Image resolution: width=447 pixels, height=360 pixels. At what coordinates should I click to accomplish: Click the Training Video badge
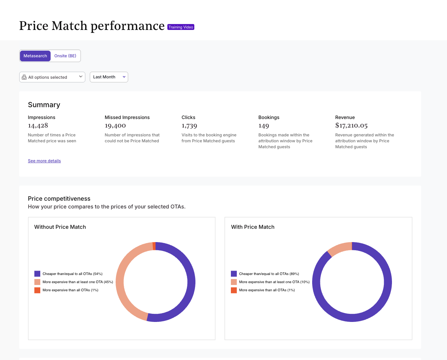181,27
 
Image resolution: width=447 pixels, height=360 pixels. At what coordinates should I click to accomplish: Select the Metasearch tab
35,56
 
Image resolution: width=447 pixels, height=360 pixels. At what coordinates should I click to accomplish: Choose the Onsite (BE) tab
65,56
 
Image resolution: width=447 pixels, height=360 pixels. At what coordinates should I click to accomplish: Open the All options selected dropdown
52,77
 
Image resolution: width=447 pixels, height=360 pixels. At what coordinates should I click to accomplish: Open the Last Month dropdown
109,77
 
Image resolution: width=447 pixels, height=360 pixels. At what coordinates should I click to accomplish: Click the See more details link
44,161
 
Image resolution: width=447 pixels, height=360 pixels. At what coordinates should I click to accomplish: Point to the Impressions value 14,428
38,125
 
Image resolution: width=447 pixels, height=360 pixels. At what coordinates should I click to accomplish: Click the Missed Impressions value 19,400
115,125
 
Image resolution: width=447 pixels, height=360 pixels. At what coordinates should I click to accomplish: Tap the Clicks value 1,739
189,125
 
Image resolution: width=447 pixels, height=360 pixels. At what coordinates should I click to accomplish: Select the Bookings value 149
264,125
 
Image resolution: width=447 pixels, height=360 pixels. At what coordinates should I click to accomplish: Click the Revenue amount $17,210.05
351,125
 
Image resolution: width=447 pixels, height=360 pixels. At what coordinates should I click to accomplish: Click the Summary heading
44,105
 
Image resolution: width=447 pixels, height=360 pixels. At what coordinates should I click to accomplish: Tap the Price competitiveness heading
59,198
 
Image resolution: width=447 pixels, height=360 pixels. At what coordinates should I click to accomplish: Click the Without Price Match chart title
60,227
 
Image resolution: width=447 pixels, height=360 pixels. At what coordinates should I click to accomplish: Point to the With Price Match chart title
253,227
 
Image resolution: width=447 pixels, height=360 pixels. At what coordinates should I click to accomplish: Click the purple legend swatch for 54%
37,274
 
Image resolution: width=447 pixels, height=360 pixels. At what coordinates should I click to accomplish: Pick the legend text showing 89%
269,274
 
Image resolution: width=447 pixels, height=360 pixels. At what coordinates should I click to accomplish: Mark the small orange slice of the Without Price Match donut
154,246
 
